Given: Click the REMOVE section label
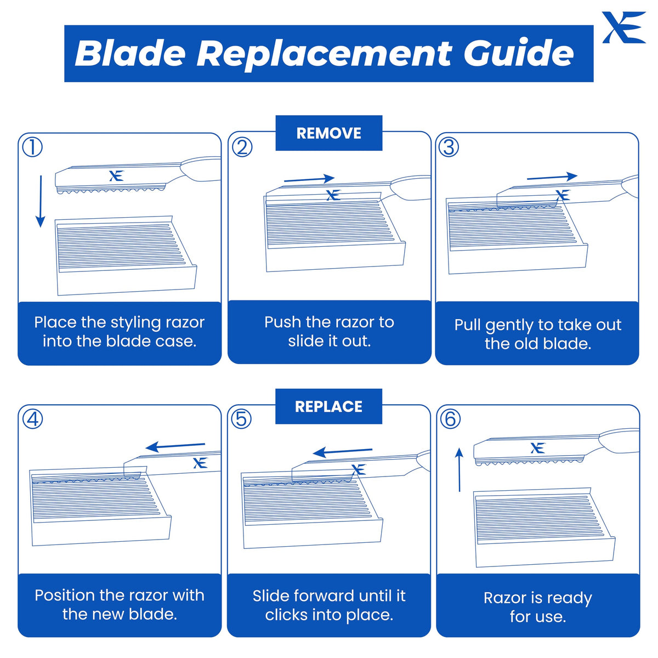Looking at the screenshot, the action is pyautogui.click(x=328, y=133).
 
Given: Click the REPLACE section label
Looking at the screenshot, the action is pyautogui.click(x=328, y=406).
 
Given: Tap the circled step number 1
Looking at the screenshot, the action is pyautogui.click(x=32, y=148).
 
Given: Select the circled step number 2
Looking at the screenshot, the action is pyautogui.click(x=242, y=148).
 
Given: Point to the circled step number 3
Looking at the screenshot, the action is pyautogui.click(x=449, y=148).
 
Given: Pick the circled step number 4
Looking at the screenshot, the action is pyautogui.click(x=32, y=419).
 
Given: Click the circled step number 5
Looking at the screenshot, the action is pyautogui.click(x=241, y=419).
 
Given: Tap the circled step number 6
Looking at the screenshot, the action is pyautogui.click(x=450, y=419).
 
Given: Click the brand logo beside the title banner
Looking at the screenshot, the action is pyautogui.click(x=623, y=27).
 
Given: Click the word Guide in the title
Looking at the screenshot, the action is pyautogui.click(x=518, y=53).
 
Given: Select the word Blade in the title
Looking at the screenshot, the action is pyautogui.click(x=130, y=53).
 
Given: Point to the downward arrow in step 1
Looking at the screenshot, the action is pyautogui.click(x=41, y=201).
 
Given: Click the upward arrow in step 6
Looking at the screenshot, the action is pyautogui.click(x=460, y=469).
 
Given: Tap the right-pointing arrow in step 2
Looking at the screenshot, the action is pyautogui.click(x=309, y=179).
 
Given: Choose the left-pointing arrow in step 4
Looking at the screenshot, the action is pyautogui.click(x=175, y=446).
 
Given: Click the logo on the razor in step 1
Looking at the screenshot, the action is pyautogui.click(x=116, y=175).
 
